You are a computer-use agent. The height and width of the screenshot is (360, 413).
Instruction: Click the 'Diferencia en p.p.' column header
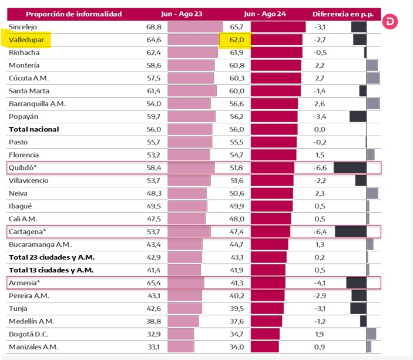pos(343,14)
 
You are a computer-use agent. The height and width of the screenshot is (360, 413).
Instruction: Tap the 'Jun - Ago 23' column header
pos(182,14)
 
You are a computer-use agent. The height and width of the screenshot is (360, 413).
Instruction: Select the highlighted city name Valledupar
pos(26,40)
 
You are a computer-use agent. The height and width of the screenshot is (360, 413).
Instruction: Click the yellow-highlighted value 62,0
pos(237,40)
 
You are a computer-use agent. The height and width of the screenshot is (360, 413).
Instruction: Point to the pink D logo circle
pos(390,22)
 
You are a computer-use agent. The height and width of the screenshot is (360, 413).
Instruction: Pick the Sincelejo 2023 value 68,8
pos(154,27)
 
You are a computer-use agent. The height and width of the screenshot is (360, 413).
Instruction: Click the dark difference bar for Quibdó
pos(350,168)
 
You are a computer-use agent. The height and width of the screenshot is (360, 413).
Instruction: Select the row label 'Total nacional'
pos(34,129)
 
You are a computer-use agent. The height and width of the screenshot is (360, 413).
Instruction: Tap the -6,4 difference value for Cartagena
pos(320,232)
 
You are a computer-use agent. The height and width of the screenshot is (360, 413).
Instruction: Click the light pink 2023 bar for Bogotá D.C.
pos(181,334)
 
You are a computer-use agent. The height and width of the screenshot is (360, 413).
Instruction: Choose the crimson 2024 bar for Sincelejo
pos(278,27)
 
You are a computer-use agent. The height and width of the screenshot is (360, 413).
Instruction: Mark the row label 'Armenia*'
pos(25,283)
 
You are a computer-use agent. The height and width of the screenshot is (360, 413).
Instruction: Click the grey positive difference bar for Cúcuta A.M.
pos(373,78)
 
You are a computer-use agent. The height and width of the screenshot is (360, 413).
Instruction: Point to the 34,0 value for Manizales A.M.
pos(237,347)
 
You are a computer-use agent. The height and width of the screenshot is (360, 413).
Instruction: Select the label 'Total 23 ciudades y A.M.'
pos(52,257)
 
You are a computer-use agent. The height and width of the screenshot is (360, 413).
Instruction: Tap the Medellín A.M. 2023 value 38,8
pos(153,321)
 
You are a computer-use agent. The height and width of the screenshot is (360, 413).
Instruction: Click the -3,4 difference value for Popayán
pos(320,117)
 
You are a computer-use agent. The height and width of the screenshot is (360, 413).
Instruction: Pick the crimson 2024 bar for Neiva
pos(272,193)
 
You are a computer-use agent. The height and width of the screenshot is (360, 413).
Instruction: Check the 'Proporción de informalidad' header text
pos(74,14)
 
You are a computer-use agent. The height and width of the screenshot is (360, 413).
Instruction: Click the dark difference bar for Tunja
pos(358,308)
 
